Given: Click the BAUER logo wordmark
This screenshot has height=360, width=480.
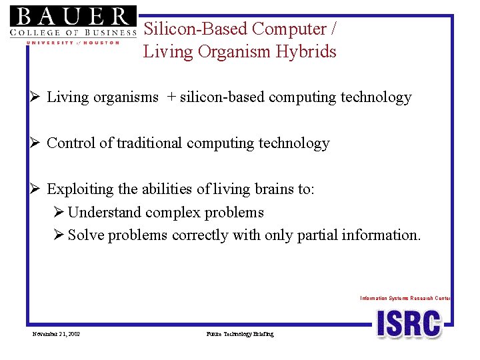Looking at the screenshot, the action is [73, 16].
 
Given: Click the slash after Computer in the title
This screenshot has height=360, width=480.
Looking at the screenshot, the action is [333, 29].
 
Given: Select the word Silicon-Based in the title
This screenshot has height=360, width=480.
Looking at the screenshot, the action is [195, 29].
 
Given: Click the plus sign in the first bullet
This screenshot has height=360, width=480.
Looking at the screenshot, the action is [171, 97].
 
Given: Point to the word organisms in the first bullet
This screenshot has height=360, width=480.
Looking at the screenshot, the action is [126, 98].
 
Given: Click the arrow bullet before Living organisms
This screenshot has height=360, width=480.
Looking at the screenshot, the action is [35, 97].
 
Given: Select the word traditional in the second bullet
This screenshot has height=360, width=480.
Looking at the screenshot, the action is [149, 143].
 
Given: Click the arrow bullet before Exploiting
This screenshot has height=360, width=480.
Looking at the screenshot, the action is [35, 189].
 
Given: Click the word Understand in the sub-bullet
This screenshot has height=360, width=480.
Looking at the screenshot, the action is [104, 212].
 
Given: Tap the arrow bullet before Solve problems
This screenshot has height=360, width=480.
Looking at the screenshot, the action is [59, 235].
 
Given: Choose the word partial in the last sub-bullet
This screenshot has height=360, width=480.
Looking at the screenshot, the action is [317, 236].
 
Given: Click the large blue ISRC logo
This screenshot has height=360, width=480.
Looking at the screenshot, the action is [409, 324].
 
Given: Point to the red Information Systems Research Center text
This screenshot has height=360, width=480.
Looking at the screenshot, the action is [405, 298].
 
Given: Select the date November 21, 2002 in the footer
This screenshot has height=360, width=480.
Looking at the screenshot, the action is [56, 334].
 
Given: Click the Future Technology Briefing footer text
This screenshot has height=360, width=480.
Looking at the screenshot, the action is [240, 334].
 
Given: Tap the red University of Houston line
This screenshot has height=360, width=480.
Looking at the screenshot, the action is [73, 43].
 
